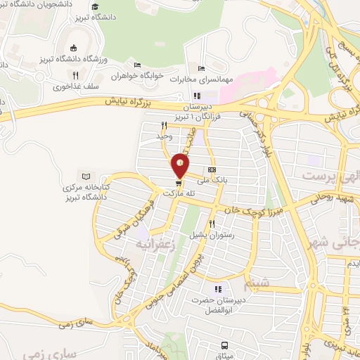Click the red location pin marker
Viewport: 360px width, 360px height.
coord(181,165)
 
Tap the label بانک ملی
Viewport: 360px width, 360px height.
coord(194,180)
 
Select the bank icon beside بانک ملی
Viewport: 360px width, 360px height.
coord(212,170)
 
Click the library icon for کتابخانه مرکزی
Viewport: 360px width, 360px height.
coord(86,176)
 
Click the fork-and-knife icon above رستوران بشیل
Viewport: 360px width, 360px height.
coord(211,224)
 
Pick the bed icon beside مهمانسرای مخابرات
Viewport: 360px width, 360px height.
coord(201,68)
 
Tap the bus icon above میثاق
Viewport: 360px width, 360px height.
coord(224,345)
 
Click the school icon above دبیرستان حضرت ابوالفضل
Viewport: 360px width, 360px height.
coord(218,289)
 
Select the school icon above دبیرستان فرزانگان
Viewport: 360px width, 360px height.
coord(198,96)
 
